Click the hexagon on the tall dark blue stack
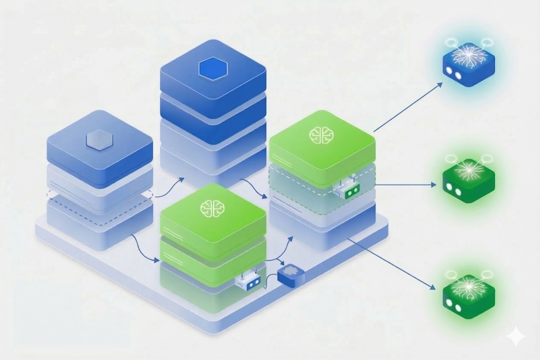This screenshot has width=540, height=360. tap(212, 69)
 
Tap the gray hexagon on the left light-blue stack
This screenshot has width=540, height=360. tap(99, 139)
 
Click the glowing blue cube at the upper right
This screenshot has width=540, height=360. tap(468, 62)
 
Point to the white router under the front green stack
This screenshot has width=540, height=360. tap(249, 285)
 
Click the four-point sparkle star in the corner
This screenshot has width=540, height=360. tap(516, 337)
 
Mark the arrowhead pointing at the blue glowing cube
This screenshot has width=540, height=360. tap(439, 85)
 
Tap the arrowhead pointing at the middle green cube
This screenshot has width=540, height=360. tap(434, 185)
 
